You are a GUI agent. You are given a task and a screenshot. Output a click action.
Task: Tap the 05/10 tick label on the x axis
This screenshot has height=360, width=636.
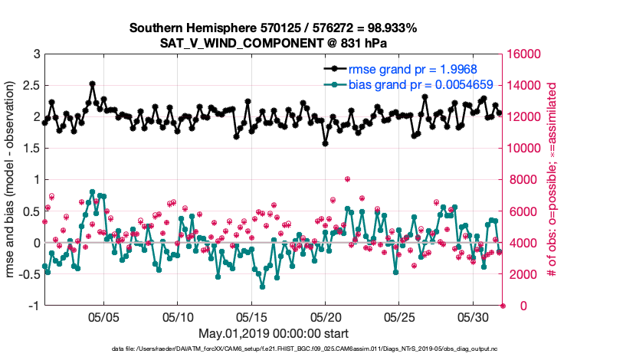pos(178,316)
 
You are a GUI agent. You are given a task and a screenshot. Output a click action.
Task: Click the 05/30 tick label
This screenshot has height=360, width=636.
pos(474,316)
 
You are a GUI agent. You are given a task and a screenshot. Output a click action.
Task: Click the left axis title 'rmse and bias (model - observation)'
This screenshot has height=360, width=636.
pos(11,180)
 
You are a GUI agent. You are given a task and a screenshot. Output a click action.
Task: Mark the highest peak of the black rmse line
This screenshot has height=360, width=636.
pos(92,83)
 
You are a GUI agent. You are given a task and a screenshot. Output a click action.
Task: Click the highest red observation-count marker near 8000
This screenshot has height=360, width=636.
pos(347,179)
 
